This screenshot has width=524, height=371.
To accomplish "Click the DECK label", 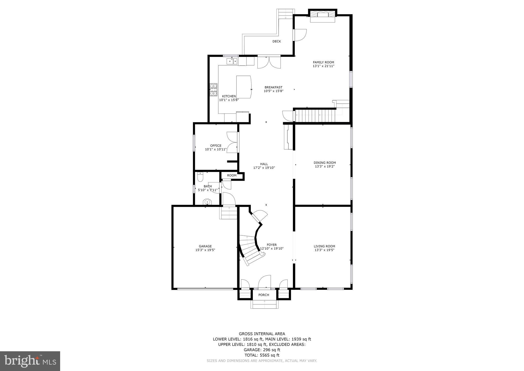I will (x=276, y=41).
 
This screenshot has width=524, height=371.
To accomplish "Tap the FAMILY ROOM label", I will (x=323, y=62).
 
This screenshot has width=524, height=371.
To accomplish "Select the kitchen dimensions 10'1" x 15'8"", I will (x=229, y=100).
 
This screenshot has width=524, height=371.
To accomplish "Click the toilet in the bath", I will (x=200, y=177).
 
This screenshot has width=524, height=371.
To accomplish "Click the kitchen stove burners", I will (x=214, y=90).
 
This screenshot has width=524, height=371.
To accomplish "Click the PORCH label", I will (x=264, y=295).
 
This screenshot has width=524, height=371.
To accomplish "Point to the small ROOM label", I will (x=232, y=176).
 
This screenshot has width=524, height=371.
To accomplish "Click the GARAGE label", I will (x=205, y=246).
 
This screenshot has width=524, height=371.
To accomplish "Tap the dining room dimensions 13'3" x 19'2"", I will (x=325, y=166).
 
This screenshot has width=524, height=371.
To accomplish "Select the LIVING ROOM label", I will (x=324, y=246).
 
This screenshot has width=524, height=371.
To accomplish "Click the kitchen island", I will (x=244, y=87).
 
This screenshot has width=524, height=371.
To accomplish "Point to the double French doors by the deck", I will (x=269, y=62).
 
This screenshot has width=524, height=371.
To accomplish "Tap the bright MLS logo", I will (x=30, y=361).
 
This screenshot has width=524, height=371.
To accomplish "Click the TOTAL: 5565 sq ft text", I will (x=262, y=355).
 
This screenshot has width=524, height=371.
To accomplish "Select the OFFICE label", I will (x=216, y=146).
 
